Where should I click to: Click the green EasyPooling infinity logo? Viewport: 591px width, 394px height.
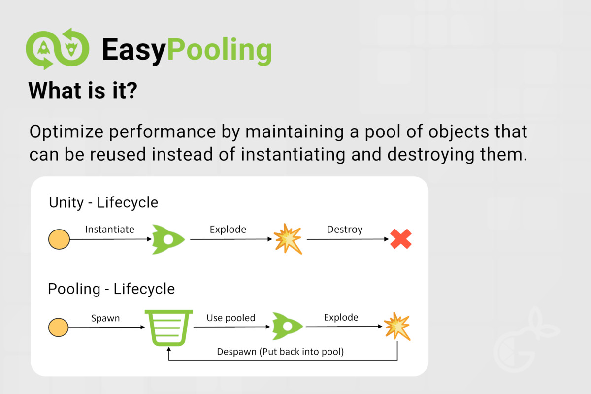(x=58, y=49)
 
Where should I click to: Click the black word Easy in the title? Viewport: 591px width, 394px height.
(x=134, y=50)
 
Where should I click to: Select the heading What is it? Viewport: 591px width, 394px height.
(x=83, y=91)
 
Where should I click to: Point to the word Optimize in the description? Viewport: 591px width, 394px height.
(x=66, y=131)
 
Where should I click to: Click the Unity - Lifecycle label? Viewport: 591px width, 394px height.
(x=103, y=203)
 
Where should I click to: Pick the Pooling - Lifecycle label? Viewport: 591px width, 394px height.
(x=111, y=289)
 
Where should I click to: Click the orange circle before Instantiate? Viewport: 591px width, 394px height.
(x=59, y=239)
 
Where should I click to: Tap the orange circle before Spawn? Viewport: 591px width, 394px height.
(x=58, y=327)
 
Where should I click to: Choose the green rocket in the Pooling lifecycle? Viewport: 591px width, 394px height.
(x=287, y=327)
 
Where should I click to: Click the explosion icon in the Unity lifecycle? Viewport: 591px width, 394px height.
(x=288, y=239)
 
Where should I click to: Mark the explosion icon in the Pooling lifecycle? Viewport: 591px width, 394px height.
(x=397, y=326)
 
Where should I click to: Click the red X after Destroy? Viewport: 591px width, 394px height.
(x=401, y=239)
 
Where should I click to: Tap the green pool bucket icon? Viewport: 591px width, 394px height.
(x=169, y=328)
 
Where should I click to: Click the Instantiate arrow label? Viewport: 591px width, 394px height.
(x=109, y=230)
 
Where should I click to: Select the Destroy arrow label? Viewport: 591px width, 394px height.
(x=345, y=230)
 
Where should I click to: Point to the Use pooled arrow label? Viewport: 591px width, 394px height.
(x=231, y=318)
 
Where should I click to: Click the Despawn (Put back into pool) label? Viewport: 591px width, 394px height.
(x=280, y=352)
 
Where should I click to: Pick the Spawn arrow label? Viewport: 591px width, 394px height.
(x=105, y=318)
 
